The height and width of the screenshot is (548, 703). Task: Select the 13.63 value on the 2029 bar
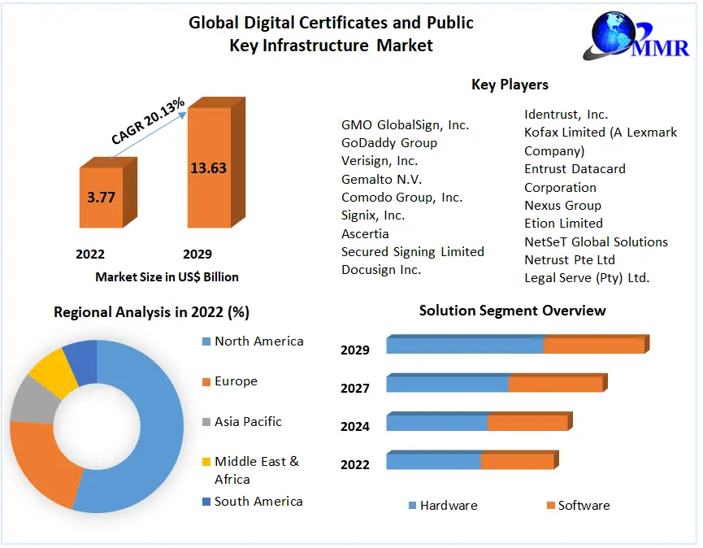tap(208, 168)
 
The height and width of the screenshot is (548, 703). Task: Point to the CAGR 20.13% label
tap(149, 121)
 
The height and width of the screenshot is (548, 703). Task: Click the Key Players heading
tap(510, 85)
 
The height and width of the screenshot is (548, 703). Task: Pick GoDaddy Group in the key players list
tap(389, 143)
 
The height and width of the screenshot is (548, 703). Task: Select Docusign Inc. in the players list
tap(381, 270)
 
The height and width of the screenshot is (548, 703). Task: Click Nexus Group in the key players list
tap(562, 206)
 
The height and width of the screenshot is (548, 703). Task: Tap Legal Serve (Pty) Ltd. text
tap(587, 278)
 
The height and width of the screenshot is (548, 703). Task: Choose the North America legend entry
tap(258, 341)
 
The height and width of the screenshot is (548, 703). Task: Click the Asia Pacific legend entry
tap(248, 422)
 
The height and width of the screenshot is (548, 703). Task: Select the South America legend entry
tap(258, 502)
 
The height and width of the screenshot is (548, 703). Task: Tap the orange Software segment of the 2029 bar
tap(593, 346)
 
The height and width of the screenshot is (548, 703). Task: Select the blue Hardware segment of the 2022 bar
tap(433, 462)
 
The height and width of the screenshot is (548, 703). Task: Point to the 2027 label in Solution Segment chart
tap(355, 389)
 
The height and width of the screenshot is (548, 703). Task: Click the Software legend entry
tap(583, 506)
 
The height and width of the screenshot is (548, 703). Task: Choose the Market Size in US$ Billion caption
tap(167, 277)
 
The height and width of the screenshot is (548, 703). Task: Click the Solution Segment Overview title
tap(512, 311)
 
